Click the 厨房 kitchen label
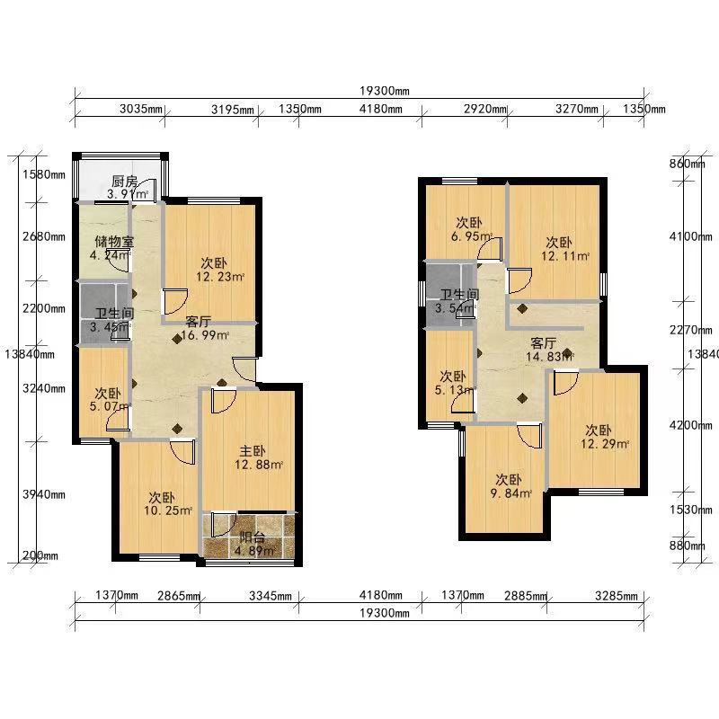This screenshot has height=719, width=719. [x=124, y=182]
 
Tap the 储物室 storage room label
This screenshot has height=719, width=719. [x=114, y=241]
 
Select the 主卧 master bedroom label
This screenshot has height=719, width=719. [x=253, y=451]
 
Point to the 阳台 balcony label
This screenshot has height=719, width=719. [x=253, y=537]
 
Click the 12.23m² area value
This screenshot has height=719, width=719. [x=220, y=277]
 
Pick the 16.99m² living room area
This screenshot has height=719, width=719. [x=205, y=335]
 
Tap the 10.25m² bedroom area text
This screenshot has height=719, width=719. [x=168, y=510]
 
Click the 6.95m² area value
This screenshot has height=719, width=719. [x=471, y=236]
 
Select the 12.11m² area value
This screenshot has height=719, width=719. [x=565, y=256]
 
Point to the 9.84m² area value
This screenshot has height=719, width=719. [x=511, y=493]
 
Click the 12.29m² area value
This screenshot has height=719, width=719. [x=604, y=444]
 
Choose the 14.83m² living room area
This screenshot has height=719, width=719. [x=550, y=356]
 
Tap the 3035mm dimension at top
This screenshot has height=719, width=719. [x=141, y=109]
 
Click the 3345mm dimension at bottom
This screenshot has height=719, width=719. [x=271, y=596]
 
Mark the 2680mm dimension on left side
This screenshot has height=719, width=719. [x=44, y=236]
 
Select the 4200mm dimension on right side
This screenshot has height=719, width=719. [x=691, y=425]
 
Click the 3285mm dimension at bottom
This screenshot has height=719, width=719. [x=617, y=596]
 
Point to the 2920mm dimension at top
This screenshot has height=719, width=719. [x=485, y=109]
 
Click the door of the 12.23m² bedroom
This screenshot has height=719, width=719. [x=175, y=301]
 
